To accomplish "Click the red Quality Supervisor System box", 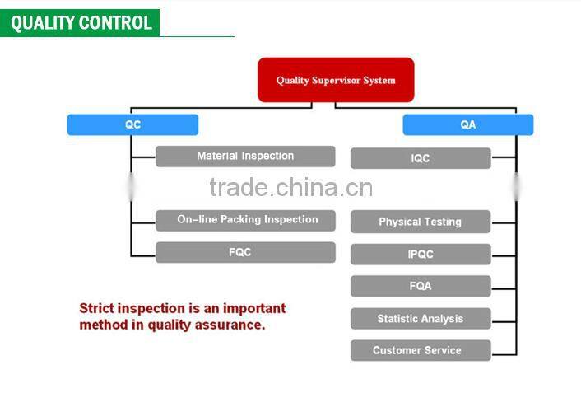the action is pos(336,80).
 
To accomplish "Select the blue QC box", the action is pos(132,124).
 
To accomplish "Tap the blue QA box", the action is pos(468,124).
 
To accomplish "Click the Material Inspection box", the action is pos(245,157).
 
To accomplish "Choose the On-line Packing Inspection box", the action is pos(245,221).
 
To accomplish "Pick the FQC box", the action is pos(245,252).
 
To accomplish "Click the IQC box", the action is pos(421,158).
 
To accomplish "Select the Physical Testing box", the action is pos(421,222).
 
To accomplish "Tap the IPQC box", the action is pos(421,255).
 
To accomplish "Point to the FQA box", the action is pos(421,286).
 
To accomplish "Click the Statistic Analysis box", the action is pos(421,318).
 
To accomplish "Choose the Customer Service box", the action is pos(421,350).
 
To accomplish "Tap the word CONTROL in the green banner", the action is pos(115,23).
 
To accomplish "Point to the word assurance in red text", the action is pos(230,325).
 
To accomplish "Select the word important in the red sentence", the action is pos(254,309).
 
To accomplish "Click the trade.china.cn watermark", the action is pos(291,187).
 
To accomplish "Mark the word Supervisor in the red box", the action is pos(336,81).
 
